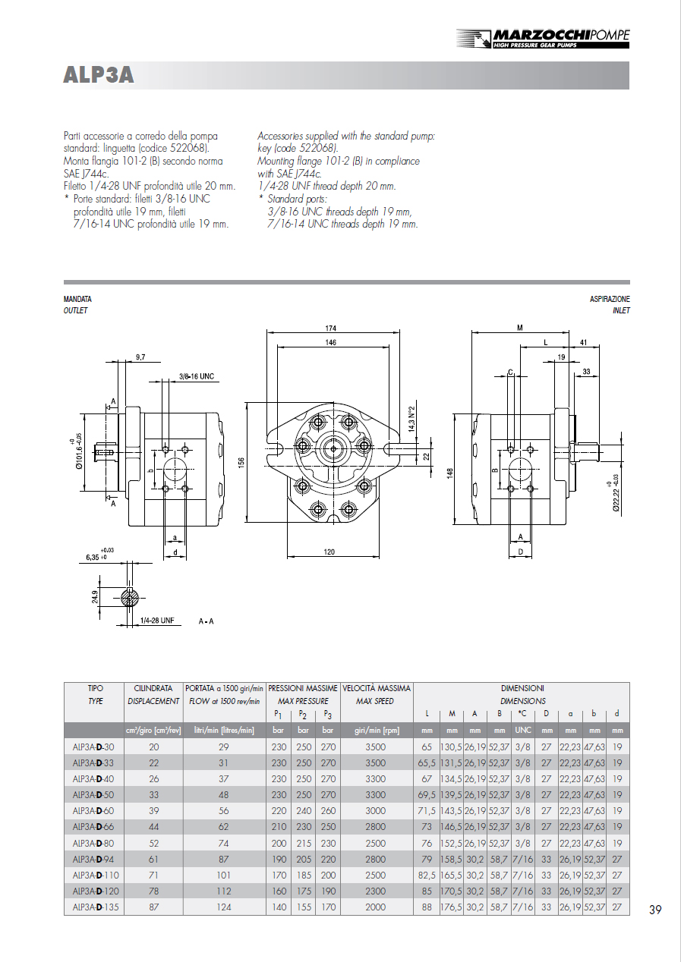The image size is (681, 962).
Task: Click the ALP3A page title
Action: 99,75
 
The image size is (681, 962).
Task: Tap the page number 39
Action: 655,910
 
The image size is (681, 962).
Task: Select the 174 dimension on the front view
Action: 331,329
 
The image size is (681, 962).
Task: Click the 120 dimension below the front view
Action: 329,552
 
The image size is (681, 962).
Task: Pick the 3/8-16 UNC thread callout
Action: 197,376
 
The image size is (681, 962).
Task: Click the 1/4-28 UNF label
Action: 157,621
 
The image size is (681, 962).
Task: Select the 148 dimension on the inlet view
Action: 451,471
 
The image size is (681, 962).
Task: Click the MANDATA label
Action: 77,300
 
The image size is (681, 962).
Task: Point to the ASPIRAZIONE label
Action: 610,300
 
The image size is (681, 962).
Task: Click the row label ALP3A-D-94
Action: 93,859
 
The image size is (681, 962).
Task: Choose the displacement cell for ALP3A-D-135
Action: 153,907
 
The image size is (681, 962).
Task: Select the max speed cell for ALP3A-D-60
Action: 375,810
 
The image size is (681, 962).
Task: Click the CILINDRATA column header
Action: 153,688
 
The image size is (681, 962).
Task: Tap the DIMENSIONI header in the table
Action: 522,688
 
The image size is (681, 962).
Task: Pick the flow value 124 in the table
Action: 223,907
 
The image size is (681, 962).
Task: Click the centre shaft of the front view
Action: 333,448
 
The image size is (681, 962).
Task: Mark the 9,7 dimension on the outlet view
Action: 141,356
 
